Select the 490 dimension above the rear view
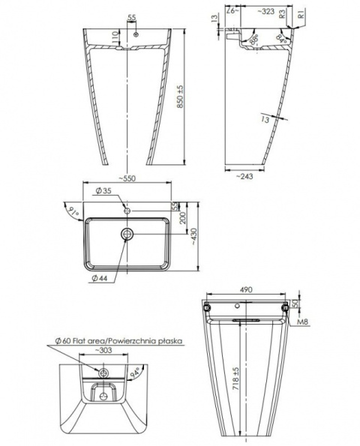(x=247, y=289)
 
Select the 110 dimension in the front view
(x=115, y=37)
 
